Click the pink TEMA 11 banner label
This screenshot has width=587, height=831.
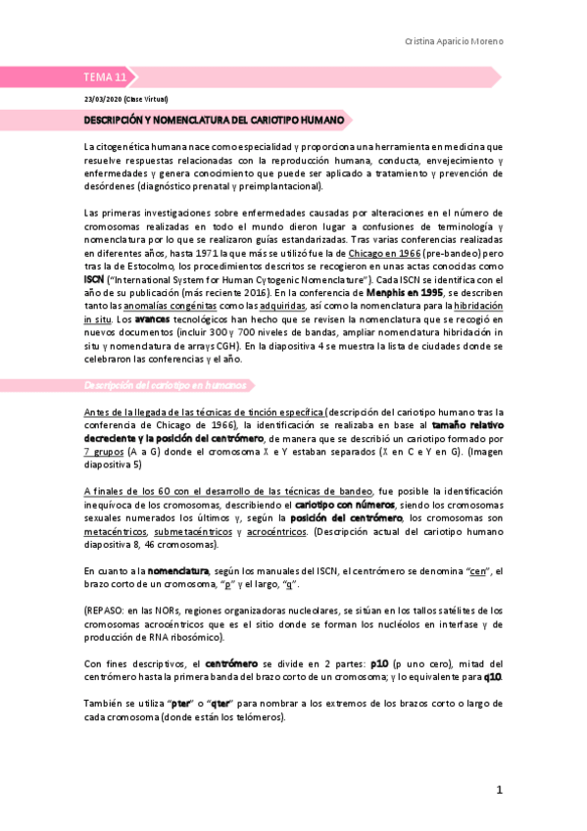(x=105, y=77)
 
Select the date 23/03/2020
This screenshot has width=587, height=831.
(x=101, y=99)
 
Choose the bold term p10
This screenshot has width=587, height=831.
(x=381, y=663)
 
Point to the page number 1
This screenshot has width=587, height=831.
(x=498, y=790)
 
